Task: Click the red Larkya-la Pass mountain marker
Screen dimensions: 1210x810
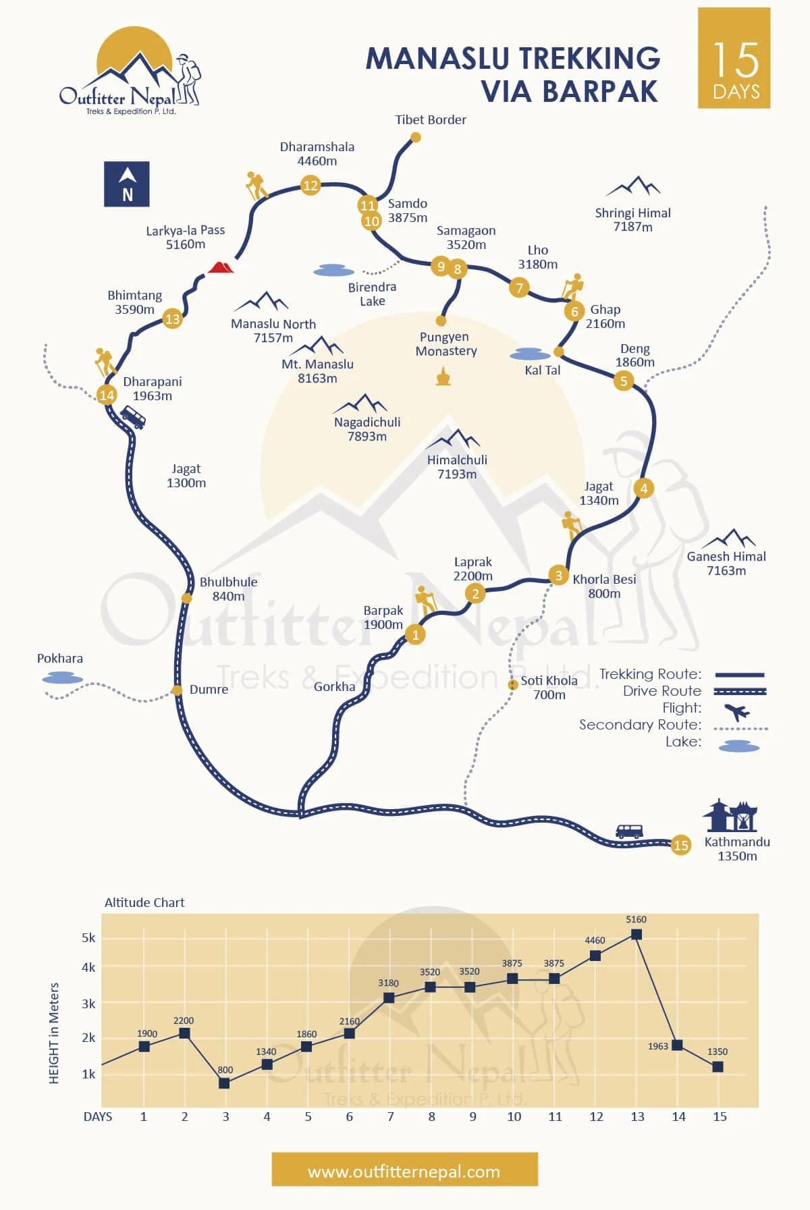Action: tap(220, 267)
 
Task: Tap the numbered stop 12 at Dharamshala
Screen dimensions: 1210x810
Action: tap(310, 185)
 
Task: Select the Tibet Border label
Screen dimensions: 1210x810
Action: tap(431, 120)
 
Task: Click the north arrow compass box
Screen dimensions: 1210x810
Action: tap(127, 184)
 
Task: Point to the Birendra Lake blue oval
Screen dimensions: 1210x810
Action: tap(333, 271)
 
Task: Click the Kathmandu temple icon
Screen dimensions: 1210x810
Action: tap(730, 816)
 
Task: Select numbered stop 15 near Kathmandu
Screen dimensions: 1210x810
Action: tap(680, 845)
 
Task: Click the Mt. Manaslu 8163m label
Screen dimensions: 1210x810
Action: tap(317, 371)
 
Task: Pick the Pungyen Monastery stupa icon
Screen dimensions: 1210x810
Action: tap(443, 377)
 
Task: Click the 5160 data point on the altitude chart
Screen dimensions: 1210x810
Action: tap(636, 935)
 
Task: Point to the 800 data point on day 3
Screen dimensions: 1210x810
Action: tap(225, 1083)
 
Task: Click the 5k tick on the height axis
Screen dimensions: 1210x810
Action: tap(88, 938)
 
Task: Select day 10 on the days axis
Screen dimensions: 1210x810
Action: tap(514, 1117)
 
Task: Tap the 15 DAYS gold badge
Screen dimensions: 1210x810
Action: tap(734, 58)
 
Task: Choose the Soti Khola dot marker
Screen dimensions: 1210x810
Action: tap(513, 685)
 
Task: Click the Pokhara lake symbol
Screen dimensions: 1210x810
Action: tap(63, 679)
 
